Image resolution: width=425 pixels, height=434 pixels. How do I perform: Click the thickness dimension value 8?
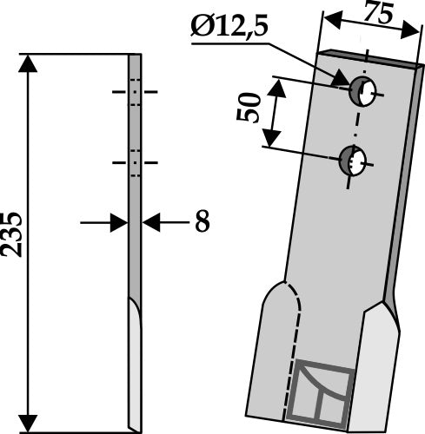pyautogui.click(x=201, y=223)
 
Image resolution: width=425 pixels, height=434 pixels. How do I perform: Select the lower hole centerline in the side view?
pyautogui.click(x=135, y=161)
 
